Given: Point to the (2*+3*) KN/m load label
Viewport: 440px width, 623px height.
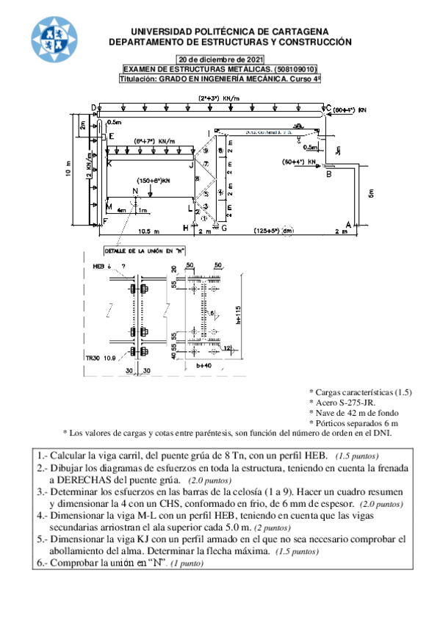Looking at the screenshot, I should pyautogui.click(x=220, y=97).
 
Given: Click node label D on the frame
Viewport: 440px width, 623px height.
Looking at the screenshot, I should pyautogui.click(x=94, y=109).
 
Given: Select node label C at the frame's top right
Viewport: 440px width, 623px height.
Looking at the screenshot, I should pyautogui.click(x=328, y=108).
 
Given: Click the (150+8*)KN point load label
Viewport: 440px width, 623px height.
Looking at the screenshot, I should pyautogui.click(x=153, y=180).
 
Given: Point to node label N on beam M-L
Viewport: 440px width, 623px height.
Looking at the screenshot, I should pyautogui.click(x=134, y=192).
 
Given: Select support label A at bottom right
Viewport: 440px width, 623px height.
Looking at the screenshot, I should pyautogui.click(x=348, y=223).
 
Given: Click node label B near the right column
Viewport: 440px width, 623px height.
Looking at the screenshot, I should pyautogui.click(x=329, y=174).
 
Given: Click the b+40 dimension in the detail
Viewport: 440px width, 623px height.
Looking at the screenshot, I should pyautogui.click(x=204, y=364).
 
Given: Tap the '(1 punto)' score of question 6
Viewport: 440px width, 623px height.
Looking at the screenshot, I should pyautogui.click(x=187, y=564).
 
